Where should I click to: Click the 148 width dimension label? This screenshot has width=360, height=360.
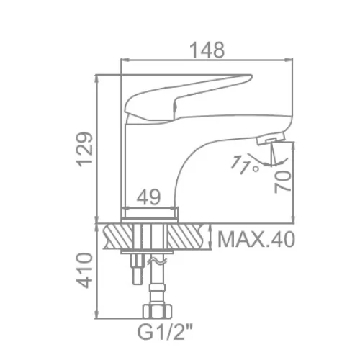tap(207, 50)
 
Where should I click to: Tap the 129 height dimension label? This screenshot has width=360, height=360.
tap(85, 149)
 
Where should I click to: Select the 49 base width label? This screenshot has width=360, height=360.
tap(148, 197)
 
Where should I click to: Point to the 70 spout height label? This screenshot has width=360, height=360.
tap(283, 182)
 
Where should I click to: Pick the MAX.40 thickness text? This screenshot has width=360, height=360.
tap(256, 239)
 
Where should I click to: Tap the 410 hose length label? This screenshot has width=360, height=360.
tap(84, 270)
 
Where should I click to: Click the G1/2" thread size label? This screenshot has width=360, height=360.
tap(165, 332)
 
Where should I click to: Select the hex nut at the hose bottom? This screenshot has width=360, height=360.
tap(157, 311)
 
